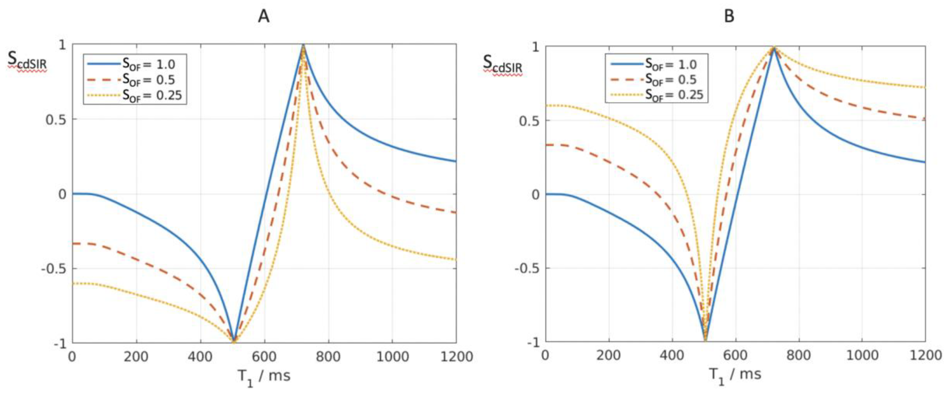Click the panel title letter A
[264, 17]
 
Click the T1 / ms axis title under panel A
[264, 377]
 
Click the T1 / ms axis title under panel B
[735, 375]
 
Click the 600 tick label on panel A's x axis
[264, 356]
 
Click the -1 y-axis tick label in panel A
[59, 343]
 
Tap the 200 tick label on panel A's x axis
[136, 356]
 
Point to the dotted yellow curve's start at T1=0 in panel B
[546, 106]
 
